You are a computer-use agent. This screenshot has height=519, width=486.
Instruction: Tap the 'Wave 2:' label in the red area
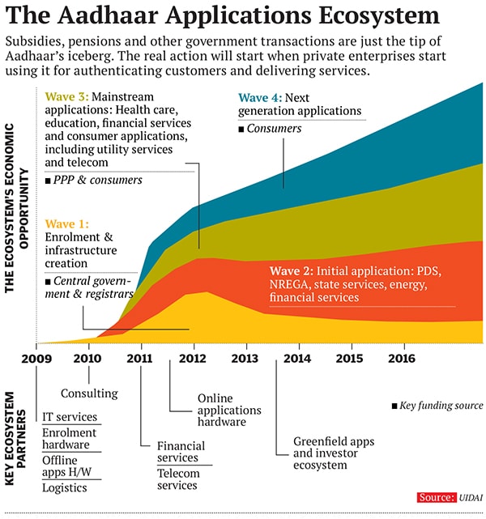pos(292,269)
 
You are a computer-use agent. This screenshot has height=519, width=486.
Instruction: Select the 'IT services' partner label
pos(70,418)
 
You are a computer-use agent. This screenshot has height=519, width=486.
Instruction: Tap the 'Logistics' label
pos(65,487)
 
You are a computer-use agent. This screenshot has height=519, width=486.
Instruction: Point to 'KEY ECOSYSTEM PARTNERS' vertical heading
pos(11,438)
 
